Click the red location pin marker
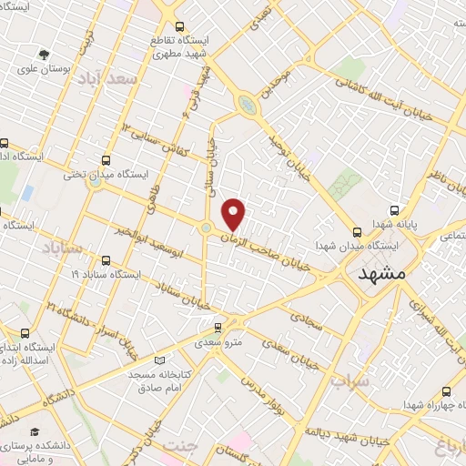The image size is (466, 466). coord(235,214)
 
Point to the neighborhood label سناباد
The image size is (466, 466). coord(61,246)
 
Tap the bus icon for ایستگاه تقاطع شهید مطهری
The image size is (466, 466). coord(180,26)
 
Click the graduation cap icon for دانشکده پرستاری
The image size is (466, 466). coord(35,431)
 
